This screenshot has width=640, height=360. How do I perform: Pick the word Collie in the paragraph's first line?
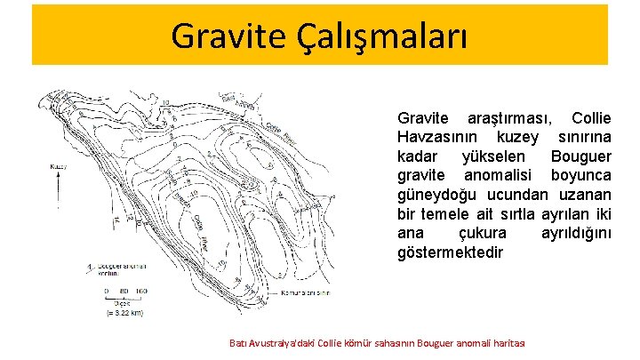coord(591,118)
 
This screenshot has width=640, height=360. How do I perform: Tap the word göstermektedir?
coord(451,252)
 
